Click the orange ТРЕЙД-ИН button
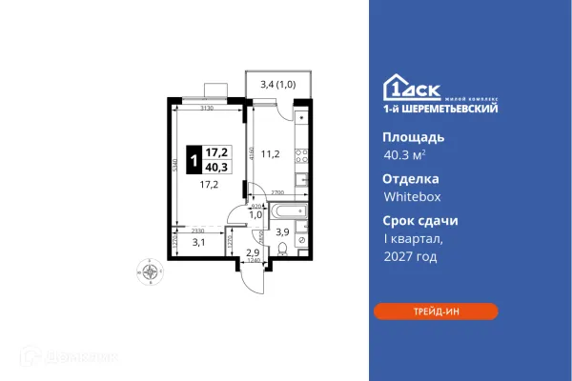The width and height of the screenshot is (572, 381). [435, 311]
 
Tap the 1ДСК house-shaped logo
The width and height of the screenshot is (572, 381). [398, 87]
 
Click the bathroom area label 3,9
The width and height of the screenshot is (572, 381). [281, 231]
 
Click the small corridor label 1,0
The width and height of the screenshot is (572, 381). [255, 214]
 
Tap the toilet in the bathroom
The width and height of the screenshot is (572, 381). [283, 251]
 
